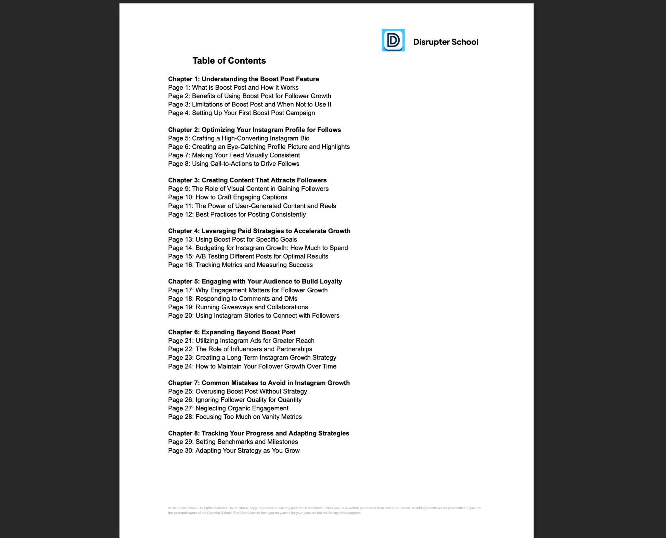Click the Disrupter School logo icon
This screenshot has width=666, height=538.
pyautogui.click(x=393, y=40)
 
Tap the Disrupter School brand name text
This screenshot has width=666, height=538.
pyautogui.click(x=445, y=42)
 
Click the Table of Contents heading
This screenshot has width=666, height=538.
pyautogui.click(x=229, y=61)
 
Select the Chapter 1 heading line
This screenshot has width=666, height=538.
pyautogui.click(x=243, y=79)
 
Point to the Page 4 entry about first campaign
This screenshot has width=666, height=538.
pyautogui.click(x=241, y=113)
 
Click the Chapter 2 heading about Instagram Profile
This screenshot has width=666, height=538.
pyautogui.click(x=254, y=130)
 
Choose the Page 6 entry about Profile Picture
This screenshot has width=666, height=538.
pyautogui.click(x=259, y=147)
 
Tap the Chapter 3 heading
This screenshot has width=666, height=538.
pyautogui.click(x=247, y=180)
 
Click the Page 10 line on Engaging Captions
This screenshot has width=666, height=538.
pyautogui.click(x=228, y=197)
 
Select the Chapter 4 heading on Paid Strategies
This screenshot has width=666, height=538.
pyautogui.click(x=259, y=231)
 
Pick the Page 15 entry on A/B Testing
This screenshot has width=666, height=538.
pyautogui.click(x=248, y=256)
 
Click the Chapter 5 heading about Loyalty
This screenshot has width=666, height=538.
pyautogui.click(x=255, y=281)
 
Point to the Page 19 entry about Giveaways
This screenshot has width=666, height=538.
pyautogui.click(x=238, y=307)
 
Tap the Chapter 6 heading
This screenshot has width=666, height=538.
pyautogui.click(x=232, y=332)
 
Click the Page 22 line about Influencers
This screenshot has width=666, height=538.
pyautogui.click(x=240, y=349)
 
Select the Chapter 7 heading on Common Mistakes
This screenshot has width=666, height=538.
pyautogui.click(x=259, y=383)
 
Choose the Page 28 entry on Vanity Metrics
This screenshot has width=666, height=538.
pyautogui.click(x=235, y=417)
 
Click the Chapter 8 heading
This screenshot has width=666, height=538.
pyautogui.click(x=258, y=433)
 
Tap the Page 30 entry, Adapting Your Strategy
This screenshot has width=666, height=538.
pyautogui.click(x=234, y=450)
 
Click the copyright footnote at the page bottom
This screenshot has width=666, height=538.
pyautogui.click(x=324, y=510)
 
